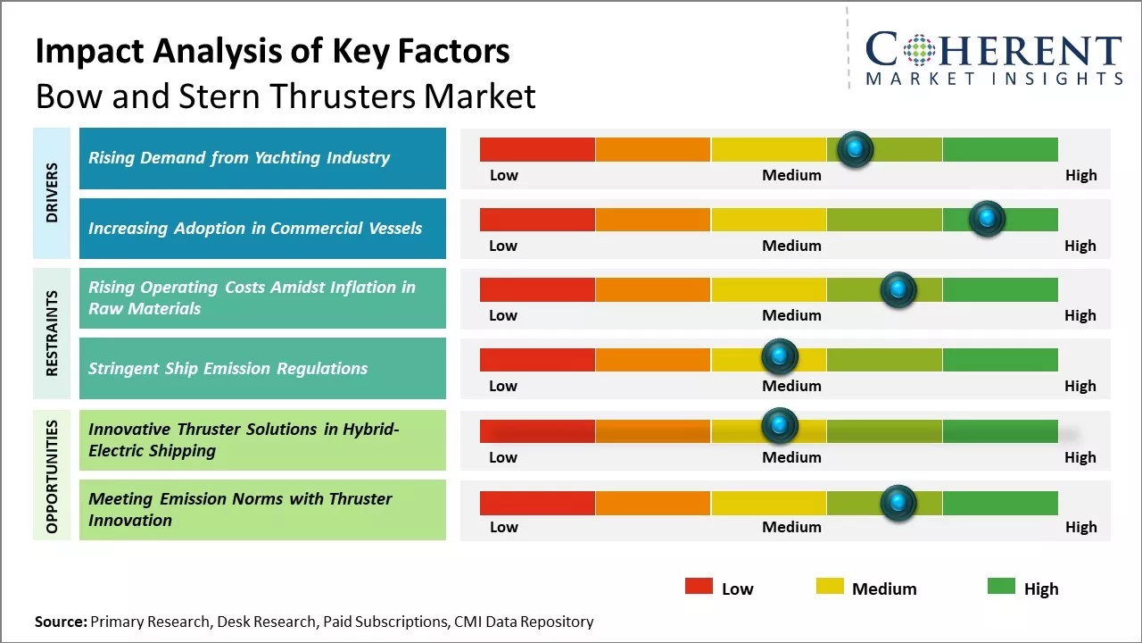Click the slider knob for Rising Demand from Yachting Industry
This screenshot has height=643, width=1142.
coord(856,149)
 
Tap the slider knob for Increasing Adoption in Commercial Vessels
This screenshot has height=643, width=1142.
coord(987,219)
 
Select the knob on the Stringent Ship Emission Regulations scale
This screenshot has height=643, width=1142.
coord(780,357)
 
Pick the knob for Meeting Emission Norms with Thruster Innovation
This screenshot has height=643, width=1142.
coord(898,503)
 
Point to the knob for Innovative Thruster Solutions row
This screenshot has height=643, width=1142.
coord(780,425)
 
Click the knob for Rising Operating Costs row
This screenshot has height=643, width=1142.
coord(898,289)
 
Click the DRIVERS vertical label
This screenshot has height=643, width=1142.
coord(52,192)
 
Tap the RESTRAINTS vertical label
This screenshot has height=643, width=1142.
coord(52,332)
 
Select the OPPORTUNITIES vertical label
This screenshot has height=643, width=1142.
coord(52,476)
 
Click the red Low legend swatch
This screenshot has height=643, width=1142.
coord(699,586)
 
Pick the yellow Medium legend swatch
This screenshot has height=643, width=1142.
coord(830,586)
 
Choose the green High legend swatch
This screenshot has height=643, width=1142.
coord(1001,586)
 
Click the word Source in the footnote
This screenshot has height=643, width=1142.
coord(60,622)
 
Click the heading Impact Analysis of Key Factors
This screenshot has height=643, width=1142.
coord(272,51)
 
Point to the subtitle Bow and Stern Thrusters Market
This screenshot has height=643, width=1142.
coord(285,96)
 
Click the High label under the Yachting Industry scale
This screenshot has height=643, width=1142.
coord(1080,175)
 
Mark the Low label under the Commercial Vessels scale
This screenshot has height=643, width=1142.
coord(503,246)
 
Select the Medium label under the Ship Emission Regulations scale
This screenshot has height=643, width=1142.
coord(791,386)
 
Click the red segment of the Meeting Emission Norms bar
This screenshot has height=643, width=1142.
coord(537,503)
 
